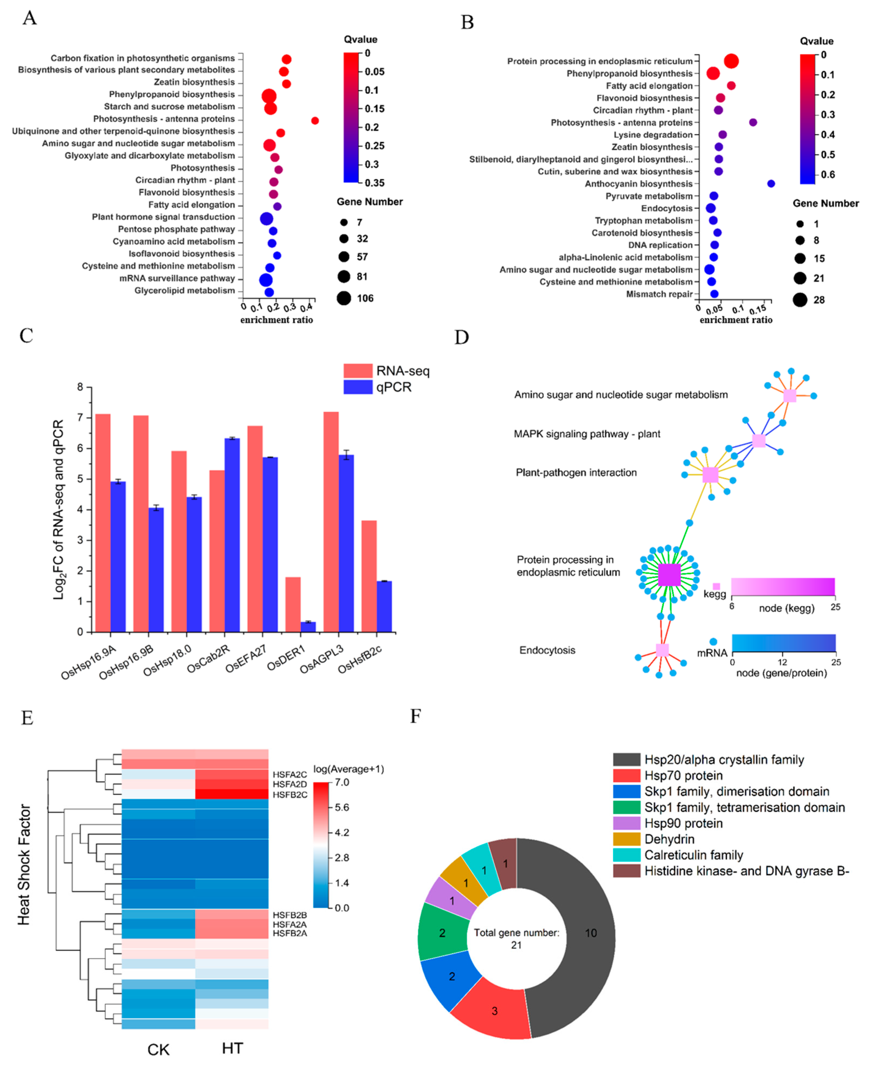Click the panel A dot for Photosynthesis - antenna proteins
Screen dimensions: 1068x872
pos(315,121)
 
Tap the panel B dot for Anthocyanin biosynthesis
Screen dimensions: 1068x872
pos(771,184)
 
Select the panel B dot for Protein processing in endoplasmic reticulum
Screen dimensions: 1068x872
pos(731,61)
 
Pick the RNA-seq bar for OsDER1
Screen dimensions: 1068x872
pos(293,605)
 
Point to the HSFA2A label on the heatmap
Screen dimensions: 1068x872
pos(290,924)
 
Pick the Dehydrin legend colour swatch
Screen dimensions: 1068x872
pos(626,839)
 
